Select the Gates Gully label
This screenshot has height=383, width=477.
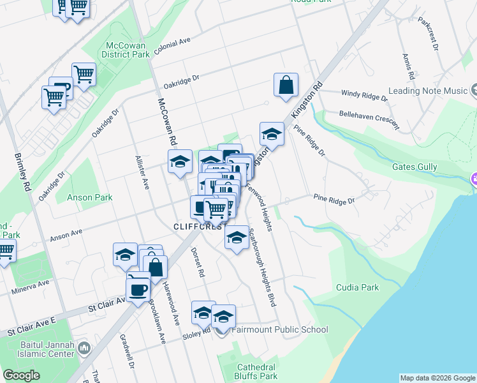point(414,167)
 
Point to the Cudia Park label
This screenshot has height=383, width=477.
point(357,287)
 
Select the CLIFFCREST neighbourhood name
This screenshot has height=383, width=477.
point(198,227)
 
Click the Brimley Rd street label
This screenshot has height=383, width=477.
point(23,172)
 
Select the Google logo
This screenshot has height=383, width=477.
point(22,375)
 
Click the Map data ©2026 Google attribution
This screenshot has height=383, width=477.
point(437,378)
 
